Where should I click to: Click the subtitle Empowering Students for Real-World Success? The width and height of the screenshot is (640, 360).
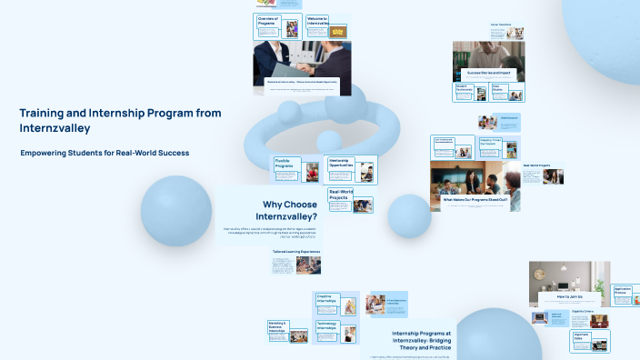(105, 153)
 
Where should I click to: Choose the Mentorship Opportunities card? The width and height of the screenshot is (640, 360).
(350, 167)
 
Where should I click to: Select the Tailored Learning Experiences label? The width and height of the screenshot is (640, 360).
(295, 251)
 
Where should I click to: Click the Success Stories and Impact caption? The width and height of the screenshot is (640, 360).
(487, 72)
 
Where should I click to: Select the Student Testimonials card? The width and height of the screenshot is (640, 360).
(471, 91)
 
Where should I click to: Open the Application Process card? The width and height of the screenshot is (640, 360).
(623, 294)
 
